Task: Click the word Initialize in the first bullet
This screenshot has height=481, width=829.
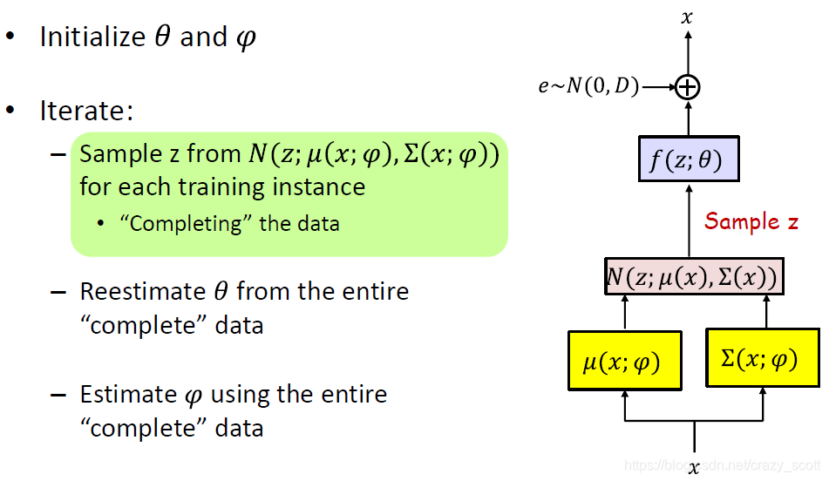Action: coord(92,37)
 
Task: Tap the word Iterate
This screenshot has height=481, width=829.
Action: coord(85,112)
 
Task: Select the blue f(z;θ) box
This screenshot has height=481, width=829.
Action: coord(688,159)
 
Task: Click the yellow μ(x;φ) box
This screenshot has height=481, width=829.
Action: coord(623,359)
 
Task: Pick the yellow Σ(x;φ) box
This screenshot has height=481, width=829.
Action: coord(761,357)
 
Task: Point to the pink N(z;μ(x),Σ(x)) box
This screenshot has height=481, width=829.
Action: coord(692,276)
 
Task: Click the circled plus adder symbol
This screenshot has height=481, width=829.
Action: coord(689,85)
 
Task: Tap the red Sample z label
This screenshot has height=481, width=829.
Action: coord(751,221)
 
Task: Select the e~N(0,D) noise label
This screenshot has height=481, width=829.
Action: coord(588,85)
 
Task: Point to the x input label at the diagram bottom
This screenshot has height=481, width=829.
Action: coord(694,469)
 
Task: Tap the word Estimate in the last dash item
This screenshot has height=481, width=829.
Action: coord(128,395)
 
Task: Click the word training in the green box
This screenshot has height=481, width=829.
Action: coord(223,186)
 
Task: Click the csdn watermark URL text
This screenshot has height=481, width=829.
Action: coord(724,465)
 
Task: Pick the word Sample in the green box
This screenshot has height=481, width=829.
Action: coord(112,154)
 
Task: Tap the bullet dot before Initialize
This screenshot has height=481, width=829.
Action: coord(11,37)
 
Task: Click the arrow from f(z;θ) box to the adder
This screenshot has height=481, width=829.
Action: coord(689,117)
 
